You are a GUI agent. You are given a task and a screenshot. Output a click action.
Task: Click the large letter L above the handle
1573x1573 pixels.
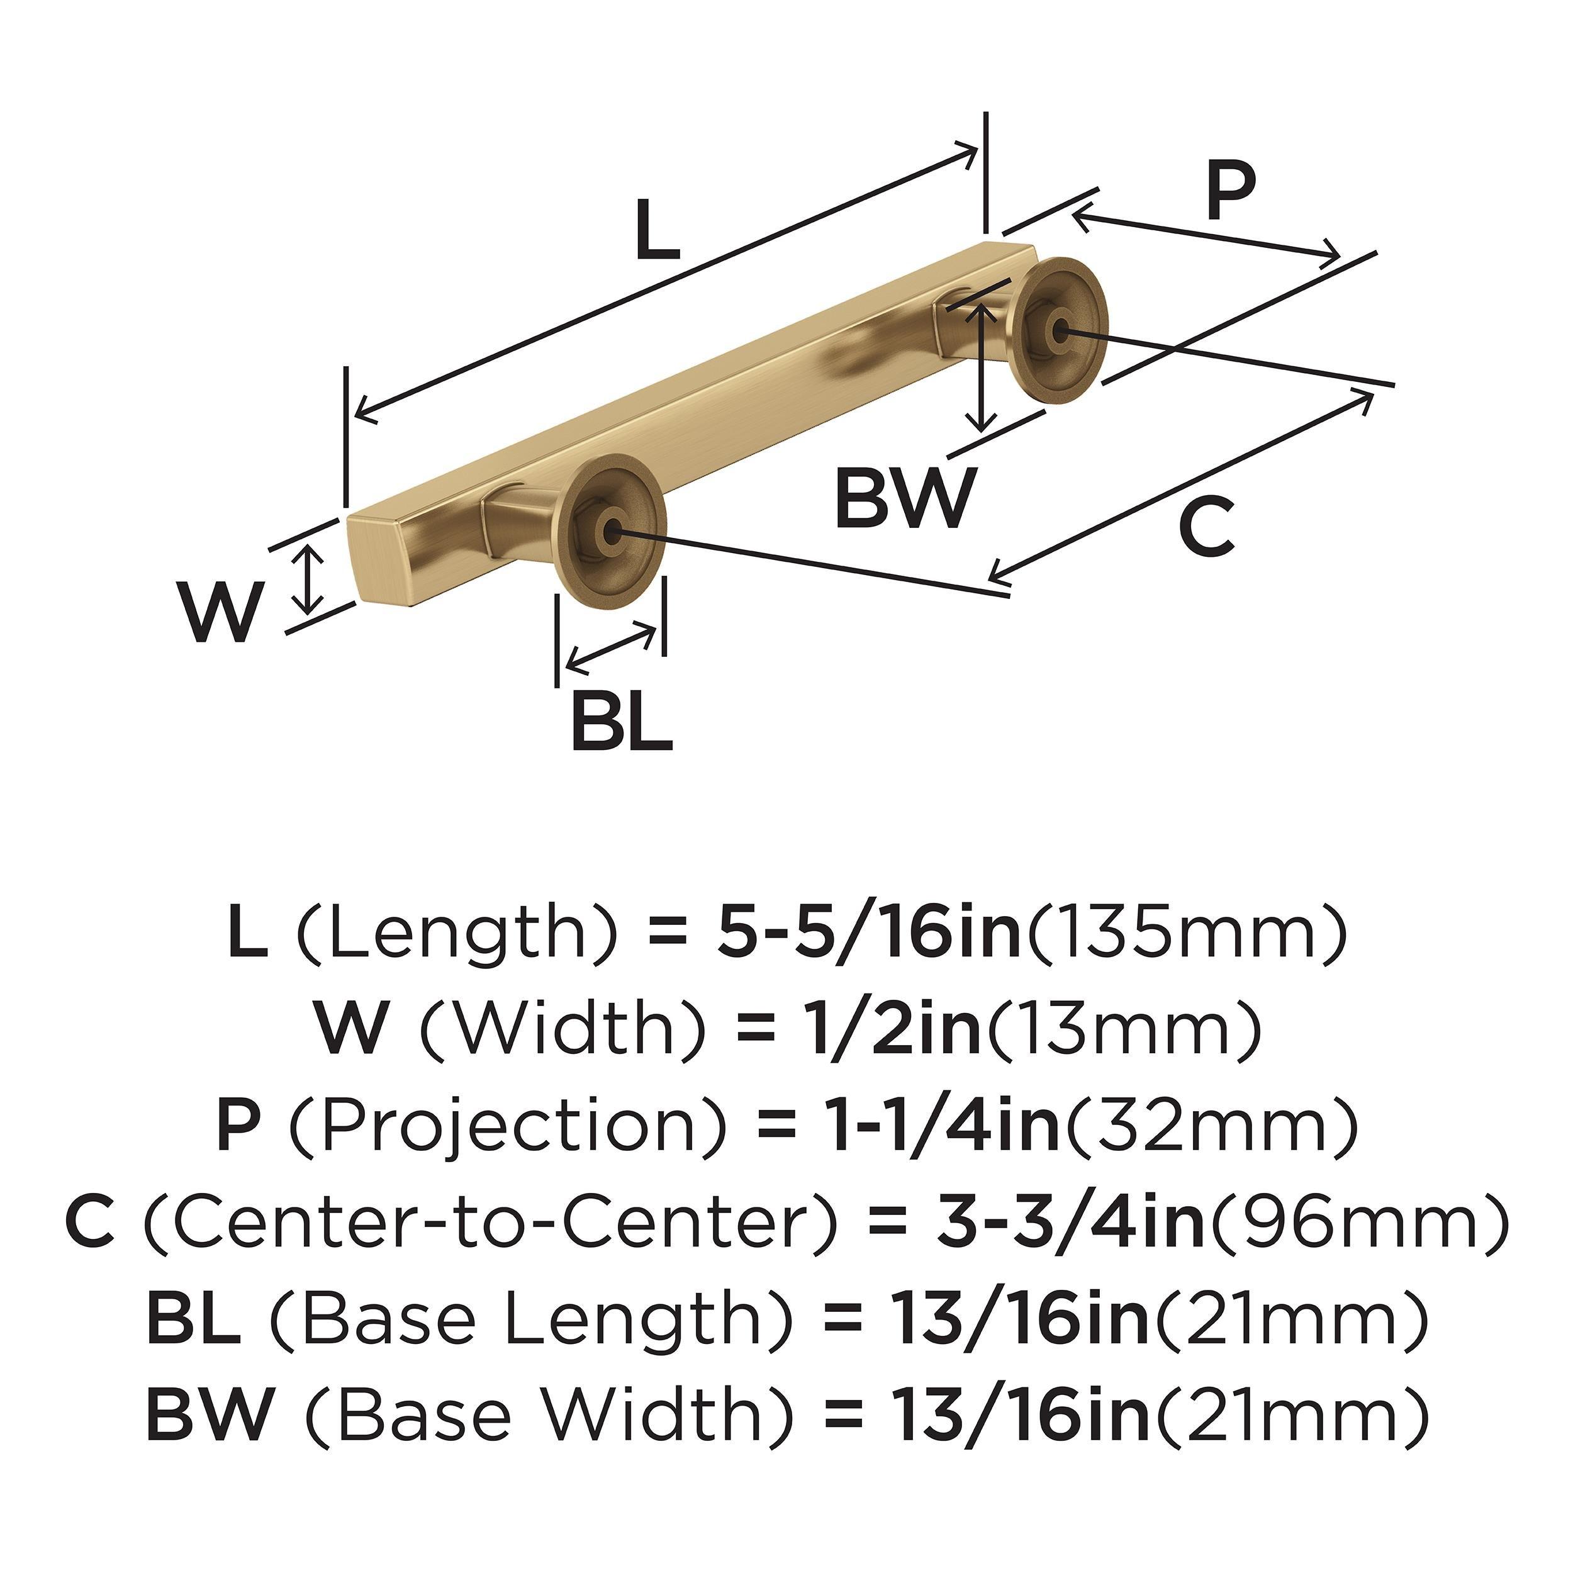656,230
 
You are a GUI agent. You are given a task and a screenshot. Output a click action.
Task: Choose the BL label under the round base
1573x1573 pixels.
621,720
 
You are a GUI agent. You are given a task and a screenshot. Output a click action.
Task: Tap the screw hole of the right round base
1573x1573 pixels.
1059,330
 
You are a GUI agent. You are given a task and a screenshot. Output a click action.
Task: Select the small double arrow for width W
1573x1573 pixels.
307,579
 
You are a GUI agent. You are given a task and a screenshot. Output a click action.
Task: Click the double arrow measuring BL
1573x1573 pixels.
610,649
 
